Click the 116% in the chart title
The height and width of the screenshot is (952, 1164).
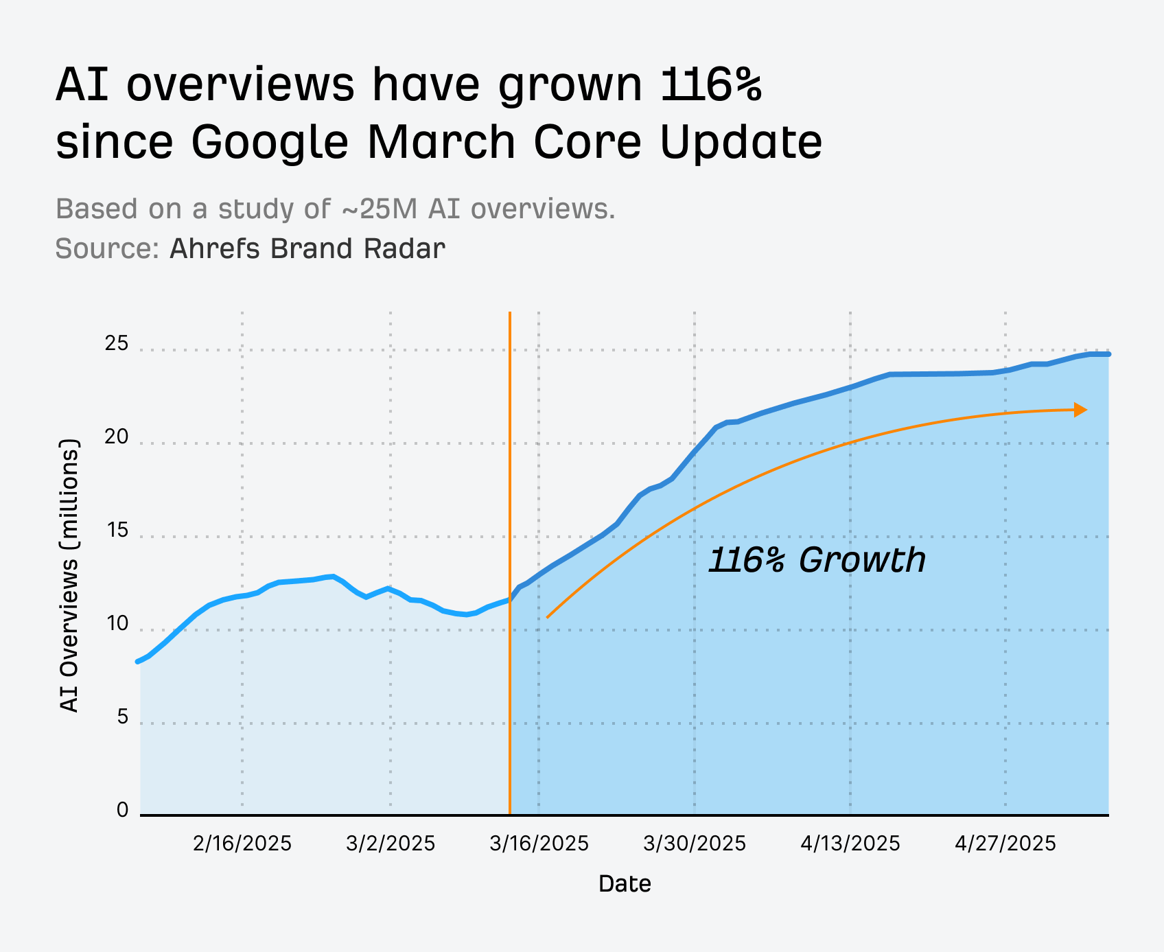[711, 85]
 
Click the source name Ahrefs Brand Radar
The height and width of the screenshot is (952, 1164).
[307, 248]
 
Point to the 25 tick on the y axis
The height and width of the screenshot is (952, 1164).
[117, 344]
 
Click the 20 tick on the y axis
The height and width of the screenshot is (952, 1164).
[117, 437]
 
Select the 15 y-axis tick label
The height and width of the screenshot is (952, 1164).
[117, 531]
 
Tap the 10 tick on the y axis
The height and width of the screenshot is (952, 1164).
[117, 624]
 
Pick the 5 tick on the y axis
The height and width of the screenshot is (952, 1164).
[123, 717]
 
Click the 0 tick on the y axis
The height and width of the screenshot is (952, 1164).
[123, 811]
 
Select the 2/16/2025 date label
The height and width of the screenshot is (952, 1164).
[242, 844]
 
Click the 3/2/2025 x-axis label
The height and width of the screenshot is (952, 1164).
[391, 844]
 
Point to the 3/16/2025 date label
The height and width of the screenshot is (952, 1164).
[539, 844]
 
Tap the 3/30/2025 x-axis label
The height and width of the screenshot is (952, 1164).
[695, 844]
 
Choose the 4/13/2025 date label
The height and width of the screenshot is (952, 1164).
[850, 844]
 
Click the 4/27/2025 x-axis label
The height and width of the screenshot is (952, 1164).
[1005, 844]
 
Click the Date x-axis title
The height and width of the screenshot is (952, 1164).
[625, 884]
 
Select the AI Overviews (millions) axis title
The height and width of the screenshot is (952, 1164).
[69, 575]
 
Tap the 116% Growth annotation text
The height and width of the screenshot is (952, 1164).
[817, 560]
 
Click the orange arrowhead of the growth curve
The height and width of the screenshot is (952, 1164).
[1081, 410]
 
